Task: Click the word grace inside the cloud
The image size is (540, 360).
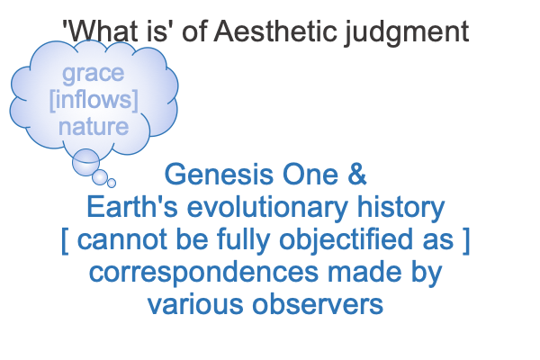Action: tap(93, 75)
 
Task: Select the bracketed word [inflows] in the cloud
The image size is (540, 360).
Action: tap(94, 100)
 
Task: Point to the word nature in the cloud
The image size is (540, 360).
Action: tap(94, 126)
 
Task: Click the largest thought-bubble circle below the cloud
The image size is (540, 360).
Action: tap(85, 162)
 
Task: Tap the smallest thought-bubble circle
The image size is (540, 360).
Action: tap(112, 183)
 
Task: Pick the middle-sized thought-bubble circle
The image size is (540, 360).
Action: tap(100, 177)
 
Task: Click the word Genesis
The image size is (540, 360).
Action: tap(219, 175)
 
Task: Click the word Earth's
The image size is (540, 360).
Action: tap(132, 207)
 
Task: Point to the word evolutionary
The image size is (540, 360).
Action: tap(267, 208)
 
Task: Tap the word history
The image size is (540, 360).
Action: tap(400, 208)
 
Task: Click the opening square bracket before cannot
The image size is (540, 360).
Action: tap(65, 241)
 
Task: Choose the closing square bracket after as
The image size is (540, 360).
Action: tap(466, 241)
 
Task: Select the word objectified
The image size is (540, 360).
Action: tap(346, 240)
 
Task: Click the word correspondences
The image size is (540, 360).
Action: tap(203, 274)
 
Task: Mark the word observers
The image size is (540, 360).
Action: tap(318, 304)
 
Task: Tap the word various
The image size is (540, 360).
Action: tap(195, 304)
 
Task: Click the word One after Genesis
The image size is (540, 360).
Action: tap(310, 175)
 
